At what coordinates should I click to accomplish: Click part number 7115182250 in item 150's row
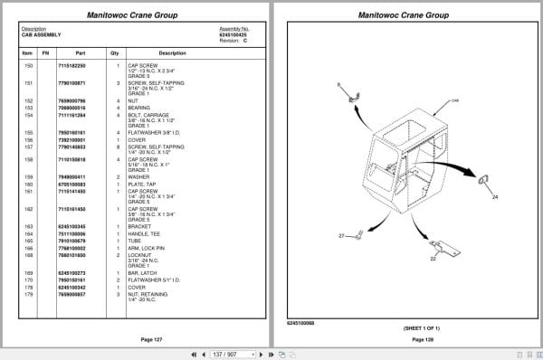point(72,66)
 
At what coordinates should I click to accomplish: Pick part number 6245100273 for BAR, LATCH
point(72,272)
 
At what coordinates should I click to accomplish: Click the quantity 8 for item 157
point(118,147)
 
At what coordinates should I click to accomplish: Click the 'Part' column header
point(80,52)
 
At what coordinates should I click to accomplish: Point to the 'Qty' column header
point(115,52)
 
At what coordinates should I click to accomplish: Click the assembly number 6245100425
point(233,34)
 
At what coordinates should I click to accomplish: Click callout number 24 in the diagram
point(494,195)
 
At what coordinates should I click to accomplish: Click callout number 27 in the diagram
point(342,236)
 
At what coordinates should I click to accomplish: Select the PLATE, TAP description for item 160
point(143,185)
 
